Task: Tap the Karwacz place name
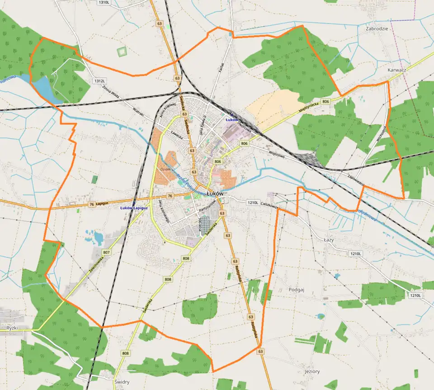397,71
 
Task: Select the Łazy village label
329,240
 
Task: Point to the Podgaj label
297,290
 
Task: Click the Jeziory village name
312,371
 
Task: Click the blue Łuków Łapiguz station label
134,208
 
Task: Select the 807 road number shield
107,252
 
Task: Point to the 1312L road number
99,81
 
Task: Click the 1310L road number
104,2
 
